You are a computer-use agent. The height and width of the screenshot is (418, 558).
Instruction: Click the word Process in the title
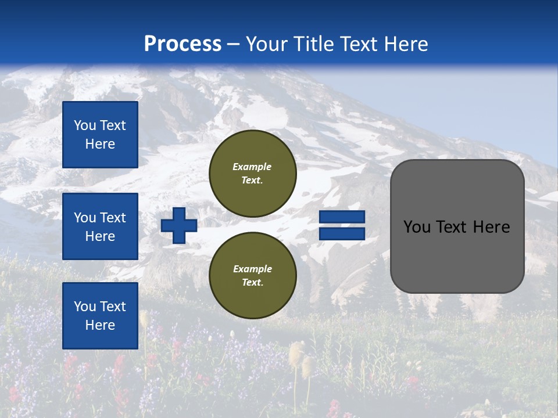(183, 44)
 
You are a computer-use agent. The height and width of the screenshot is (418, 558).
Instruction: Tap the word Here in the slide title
(405, 44)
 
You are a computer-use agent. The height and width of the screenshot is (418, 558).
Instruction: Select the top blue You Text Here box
(100, 135)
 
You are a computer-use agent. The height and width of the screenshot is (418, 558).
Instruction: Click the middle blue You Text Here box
(100, 226)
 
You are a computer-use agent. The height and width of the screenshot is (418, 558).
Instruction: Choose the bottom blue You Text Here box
(100, 315)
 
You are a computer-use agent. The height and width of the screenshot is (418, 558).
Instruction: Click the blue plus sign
(179, 226)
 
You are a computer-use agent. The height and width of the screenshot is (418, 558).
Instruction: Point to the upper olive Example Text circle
(253, 174)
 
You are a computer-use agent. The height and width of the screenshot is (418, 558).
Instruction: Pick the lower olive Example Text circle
(253, 276)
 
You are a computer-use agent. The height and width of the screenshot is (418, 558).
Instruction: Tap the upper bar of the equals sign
(342, 217)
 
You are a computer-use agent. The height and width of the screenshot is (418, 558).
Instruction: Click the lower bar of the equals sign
(342, 234)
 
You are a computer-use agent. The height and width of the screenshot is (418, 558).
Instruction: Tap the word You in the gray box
(416, 227)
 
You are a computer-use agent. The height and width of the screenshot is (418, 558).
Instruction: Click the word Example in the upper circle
(252, 167)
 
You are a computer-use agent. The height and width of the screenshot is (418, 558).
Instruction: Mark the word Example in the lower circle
(252, 269)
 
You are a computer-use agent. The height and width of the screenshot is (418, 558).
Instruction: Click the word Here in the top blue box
(100, 144)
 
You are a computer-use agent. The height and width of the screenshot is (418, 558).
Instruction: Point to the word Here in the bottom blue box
(100, 325)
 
